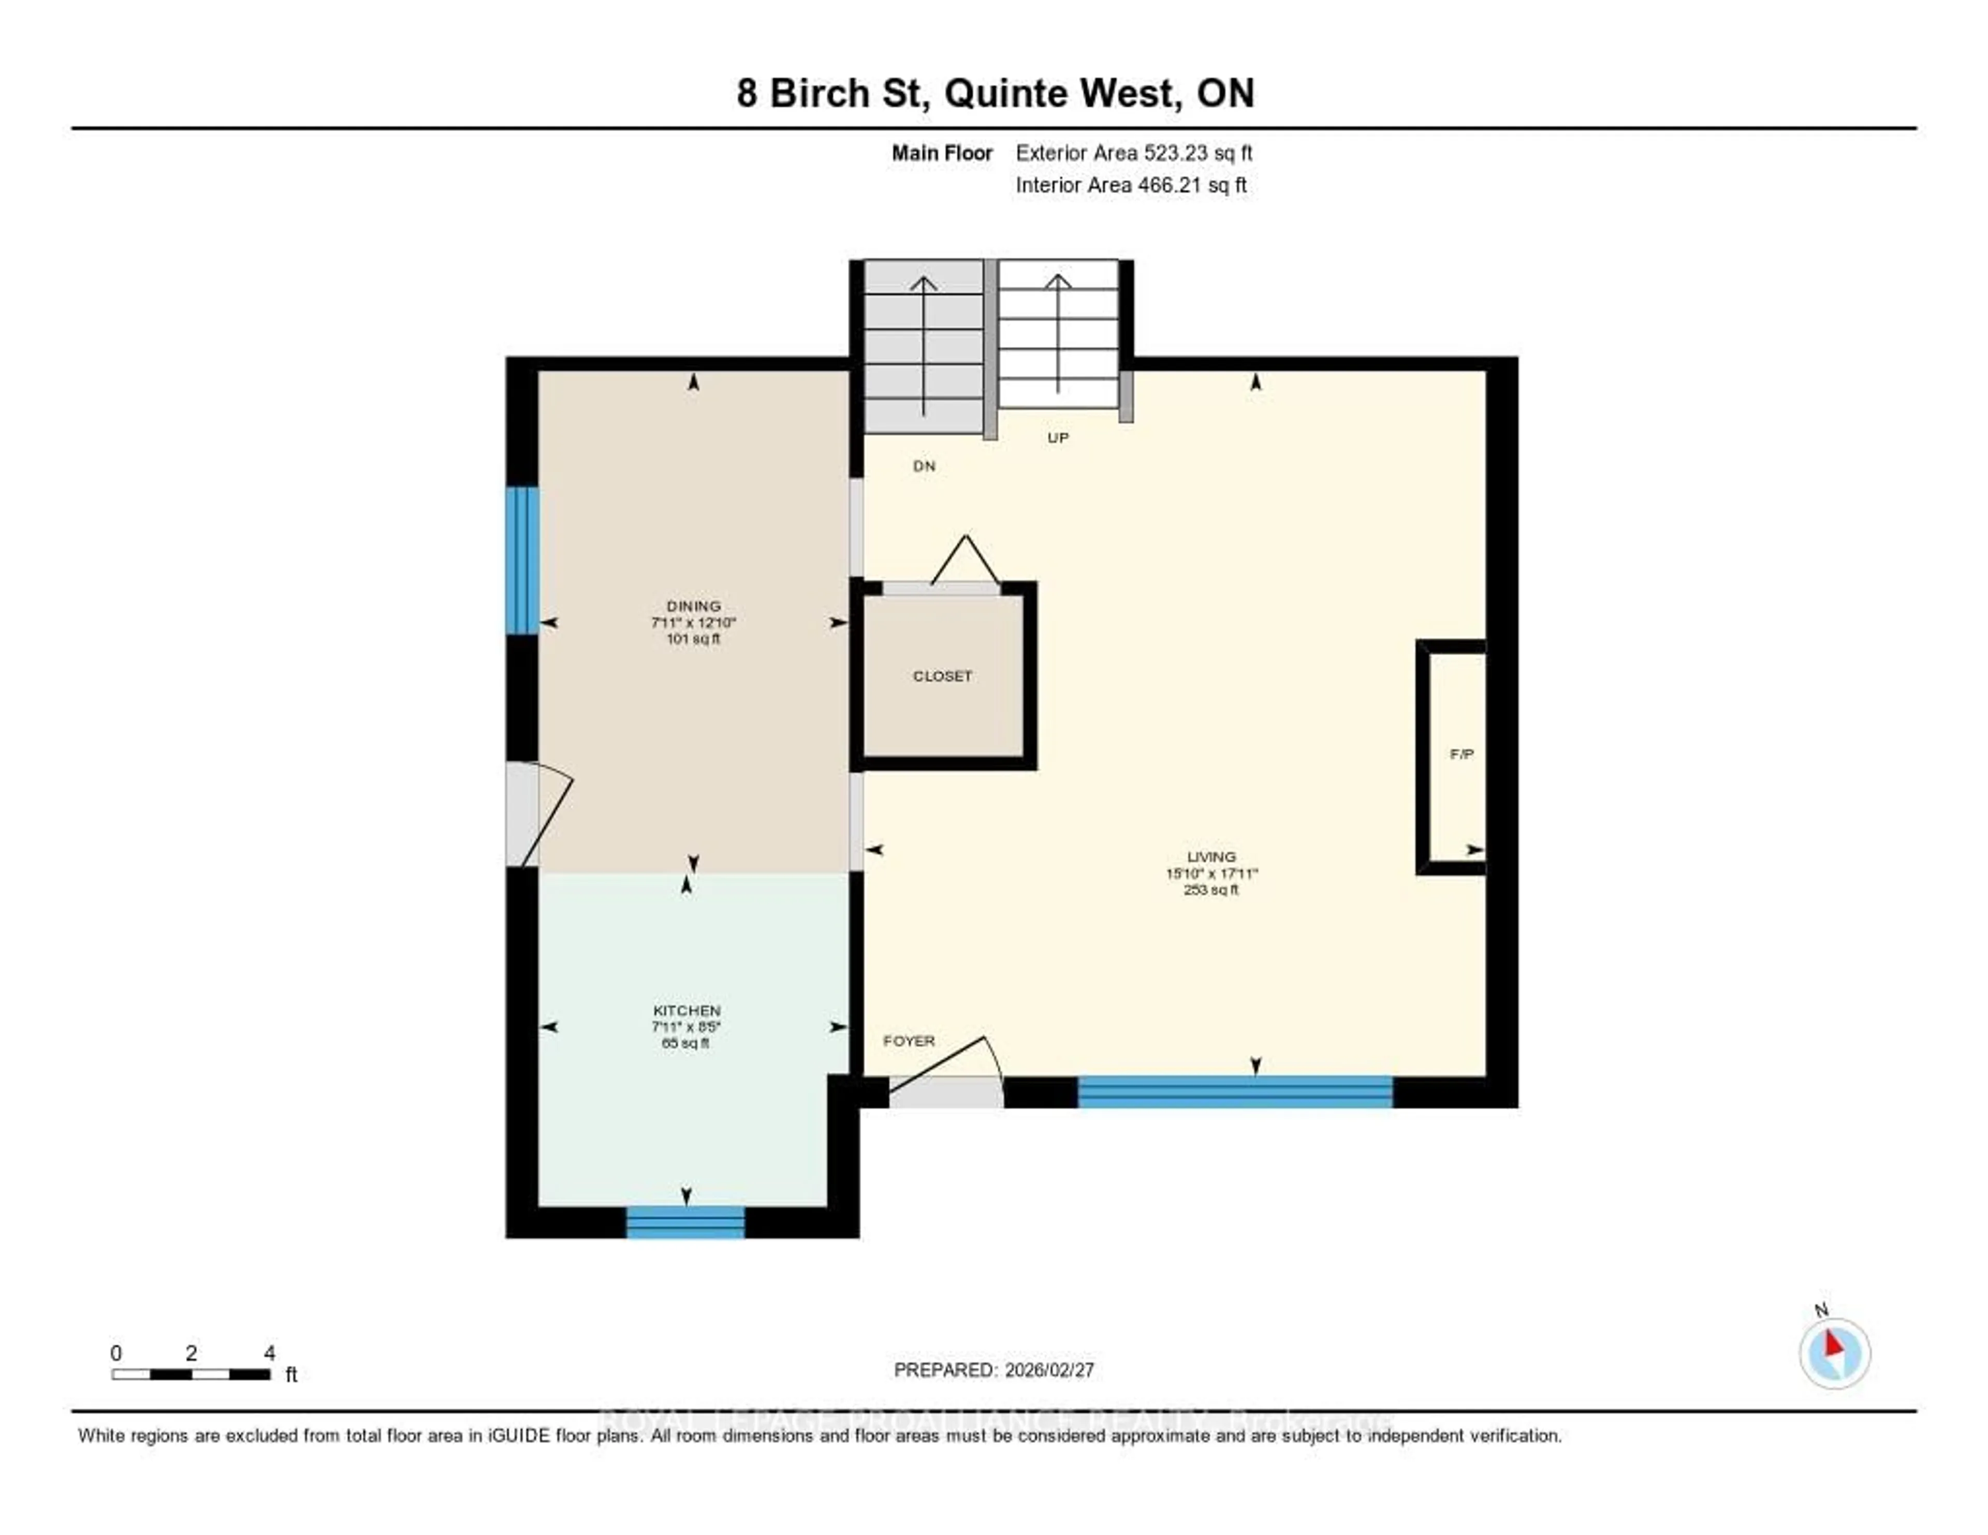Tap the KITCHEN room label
(686, 1010)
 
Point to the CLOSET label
(942, 676)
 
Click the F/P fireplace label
(1461, 754)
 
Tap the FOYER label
(909, 1040)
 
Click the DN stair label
(924, 466)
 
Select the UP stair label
(1057, 438)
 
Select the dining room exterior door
(537, 815)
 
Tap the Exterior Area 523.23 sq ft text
(1133, 153)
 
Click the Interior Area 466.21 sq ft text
(1131, 185)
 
